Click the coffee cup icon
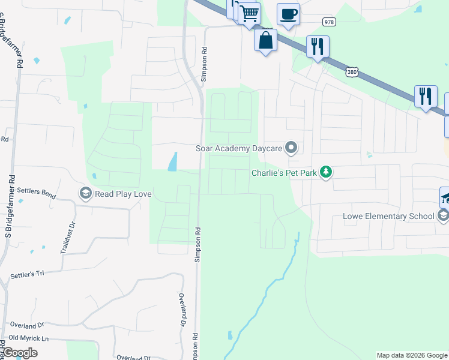(288, 13)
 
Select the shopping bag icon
(265, 40)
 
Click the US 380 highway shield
(352, 71)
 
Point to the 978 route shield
(328, 22)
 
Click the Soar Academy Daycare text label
(239, 148)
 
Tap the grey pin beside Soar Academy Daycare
(292, 147)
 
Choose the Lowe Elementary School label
(388, 216)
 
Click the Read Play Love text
(124, 193)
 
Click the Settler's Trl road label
(28, 275)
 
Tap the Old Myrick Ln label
(28, 338)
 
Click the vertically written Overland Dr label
(182, 309)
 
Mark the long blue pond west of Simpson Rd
(173, 161)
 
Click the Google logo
(20, 353)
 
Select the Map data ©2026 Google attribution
(411, 355)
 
